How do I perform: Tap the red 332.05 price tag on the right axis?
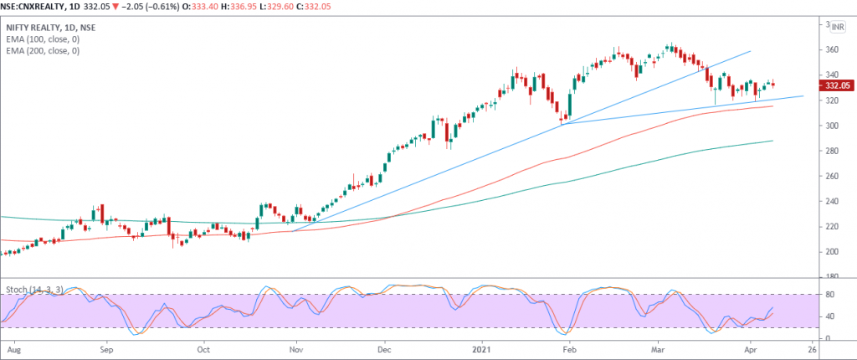[x=837, y=85]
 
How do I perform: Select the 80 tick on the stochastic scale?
[x=830, y=295]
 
